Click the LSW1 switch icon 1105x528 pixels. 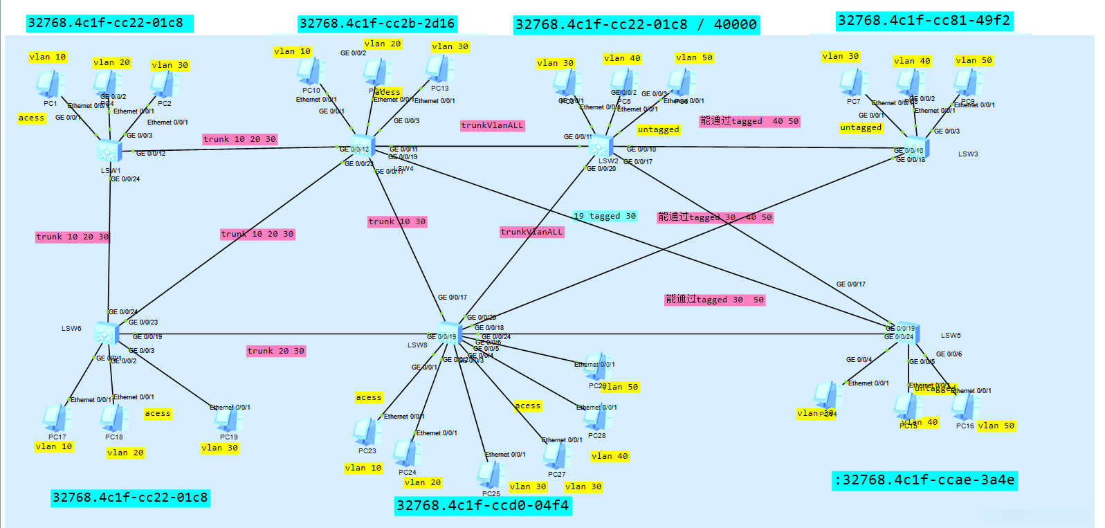[x=109, y=149]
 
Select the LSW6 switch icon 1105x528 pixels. [x=106, y=333]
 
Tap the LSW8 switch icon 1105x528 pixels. [x=450, y=334]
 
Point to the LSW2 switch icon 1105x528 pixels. [x=600, y=146]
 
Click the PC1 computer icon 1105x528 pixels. [x=48, y=84]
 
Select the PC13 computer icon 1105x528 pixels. [x=438, y=69]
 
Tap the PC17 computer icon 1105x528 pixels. [x=56, y=418]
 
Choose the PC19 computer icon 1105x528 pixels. [x=228, y=419]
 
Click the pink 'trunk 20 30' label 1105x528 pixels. [x=276, y=351]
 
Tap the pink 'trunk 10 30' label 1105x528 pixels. [x=397, y=221]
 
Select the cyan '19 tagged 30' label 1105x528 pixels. [x=605, y=216]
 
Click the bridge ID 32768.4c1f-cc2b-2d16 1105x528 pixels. [x=377, y=24]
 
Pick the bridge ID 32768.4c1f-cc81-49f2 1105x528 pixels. [x=924, y=21]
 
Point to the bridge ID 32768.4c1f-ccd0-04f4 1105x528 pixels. [x=483, y=506]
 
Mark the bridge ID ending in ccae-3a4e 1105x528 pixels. [x=924, y=480]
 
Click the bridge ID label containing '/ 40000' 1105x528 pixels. [x=636, y=25]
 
